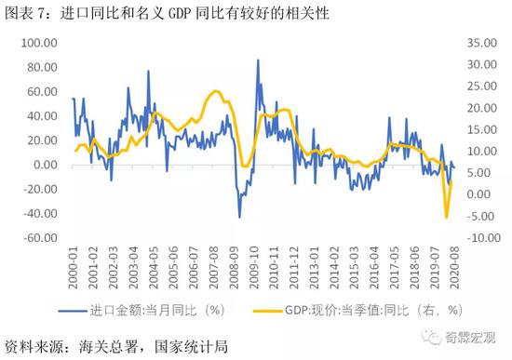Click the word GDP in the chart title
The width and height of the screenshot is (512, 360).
tap(190, 13)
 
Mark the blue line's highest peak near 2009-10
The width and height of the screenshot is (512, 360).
tap(258, 60)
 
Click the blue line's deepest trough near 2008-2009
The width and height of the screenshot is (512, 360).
tap(239, 217)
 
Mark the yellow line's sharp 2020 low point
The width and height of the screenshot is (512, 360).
tap(446, 217)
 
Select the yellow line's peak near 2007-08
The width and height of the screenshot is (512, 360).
tap(216, 91)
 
